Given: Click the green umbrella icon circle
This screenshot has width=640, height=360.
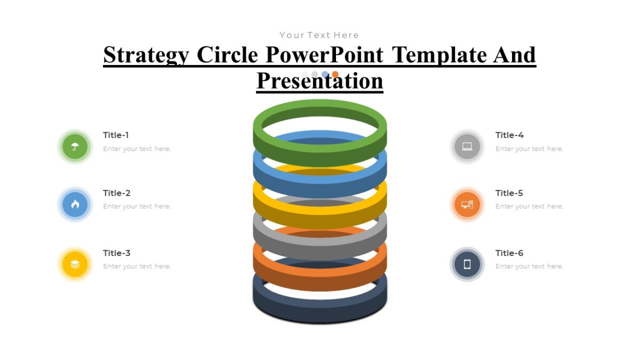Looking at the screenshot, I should pyautogui.click(x=75, y=147).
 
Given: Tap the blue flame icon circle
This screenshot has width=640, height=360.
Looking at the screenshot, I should pyautogui.click(x=75, y=204).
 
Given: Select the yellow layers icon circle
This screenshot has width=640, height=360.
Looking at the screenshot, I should pyautogui.click(x=75, y=264).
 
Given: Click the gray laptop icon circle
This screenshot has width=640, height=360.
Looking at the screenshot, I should pyautogui.click(x=467, y=147).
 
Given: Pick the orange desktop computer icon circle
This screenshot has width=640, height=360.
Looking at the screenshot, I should pyautogui.click(x=467, y=204).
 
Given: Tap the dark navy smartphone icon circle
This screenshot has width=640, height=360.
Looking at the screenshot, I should pyautogui.click(x=467, y=264).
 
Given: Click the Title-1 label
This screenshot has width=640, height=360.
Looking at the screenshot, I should pyautogui.click(x=116, y=135).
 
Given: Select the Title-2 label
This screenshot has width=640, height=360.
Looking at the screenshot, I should pyautogui.click(x=116, y=193).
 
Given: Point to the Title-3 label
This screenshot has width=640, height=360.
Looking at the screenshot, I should pyautogui.click(x=116, y=253).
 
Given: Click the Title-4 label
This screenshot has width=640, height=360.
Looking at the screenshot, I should pyautogui.click(x=509, y=135).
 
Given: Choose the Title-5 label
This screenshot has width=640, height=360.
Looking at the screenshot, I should pyautogui.click(x=509, y=193).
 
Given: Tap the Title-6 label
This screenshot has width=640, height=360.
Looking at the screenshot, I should pyautogui.click(x=509, y=253).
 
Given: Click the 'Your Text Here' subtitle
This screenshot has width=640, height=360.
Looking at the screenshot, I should pyautogui.click(x=319, y=35).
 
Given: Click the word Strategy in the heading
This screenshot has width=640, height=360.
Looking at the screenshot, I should pyautogui.click(x=146, y=55).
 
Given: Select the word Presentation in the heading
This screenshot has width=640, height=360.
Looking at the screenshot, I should pyautogui.click(x=319, y=81).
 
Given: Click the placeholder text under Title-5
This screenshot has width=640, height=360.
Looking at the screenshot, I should pyautogui.click(x=529, y=206).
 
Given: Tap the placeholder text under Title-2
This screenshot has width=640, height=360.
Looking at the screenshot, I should pyautogui.click(x=137, y=206).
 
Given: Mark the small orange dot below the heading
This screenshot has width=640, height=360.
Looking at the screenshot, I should pyautogui.click(x=335, y=75).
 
